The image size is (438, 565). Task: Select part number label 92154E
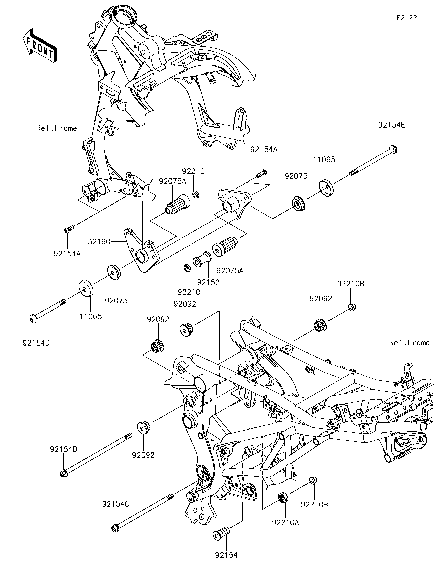tap(391, 125)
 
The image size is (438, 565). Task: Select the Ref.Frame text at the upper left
tap(57, 128)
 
